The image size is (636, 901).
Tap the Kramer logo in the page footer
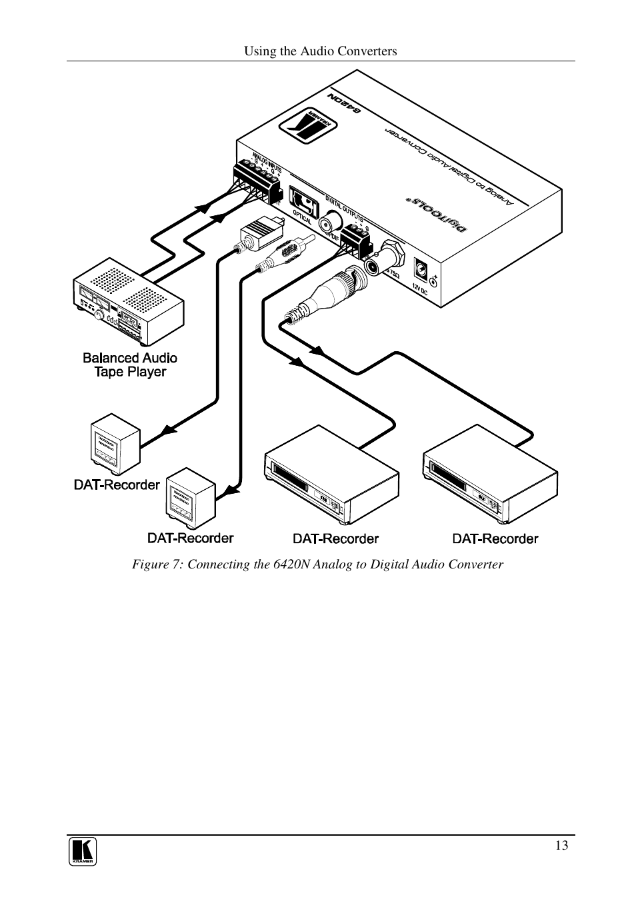[x=83, y=852]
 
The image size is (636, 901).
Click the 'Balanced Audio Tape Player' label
[x=130, y=365]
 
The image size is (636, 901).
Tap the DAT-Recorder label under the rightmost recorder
[x=495, y=538]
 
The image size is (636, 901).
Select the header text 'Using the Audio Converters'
[x=320, y=51]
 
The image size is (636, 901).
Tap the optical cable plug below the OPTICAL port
[x=260, y=233]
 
